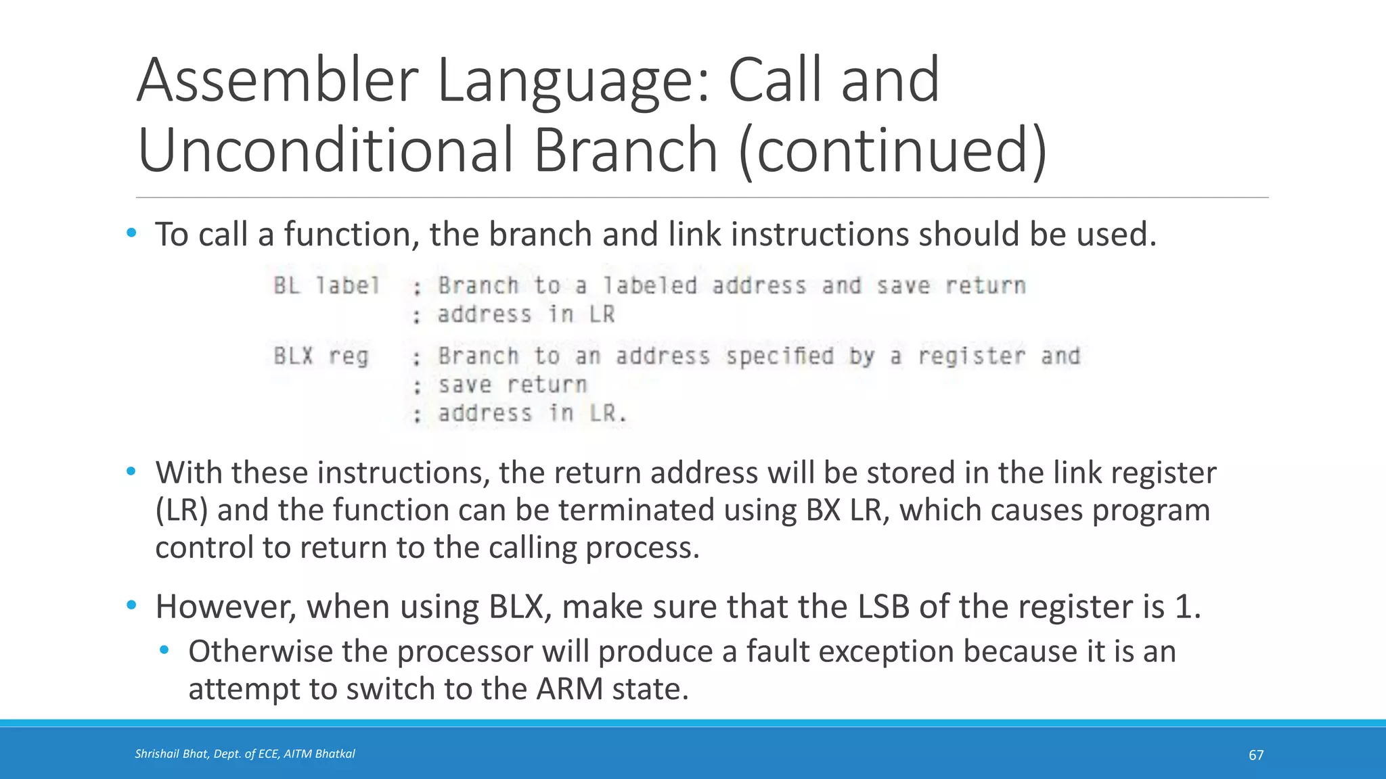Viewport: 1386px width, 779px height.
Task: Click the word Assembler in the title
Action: click(x=277, y=81)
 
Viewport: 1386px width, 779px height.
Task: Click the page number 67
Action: click(x=1255, y=755)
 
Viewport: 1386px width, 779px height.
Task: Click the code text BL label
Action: click(x=326, y=285)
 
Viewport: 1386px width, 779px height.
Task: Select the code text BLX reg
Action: click(x=321, y=356)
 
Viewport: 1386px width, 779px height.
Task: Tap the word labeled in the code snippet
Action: click(x=650, y=285)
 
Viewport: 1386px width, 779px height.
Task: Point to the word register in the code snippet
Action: click(x=971, y=356)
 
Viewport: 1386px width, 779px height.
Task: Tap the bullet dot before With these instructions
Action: click(x=131, y=471)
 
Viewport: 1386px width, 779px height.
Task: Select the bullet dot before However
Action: click(x=131, y=605)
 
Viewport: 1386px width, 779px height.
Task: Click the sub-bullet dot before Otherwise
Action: click(x=164, y=651)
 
